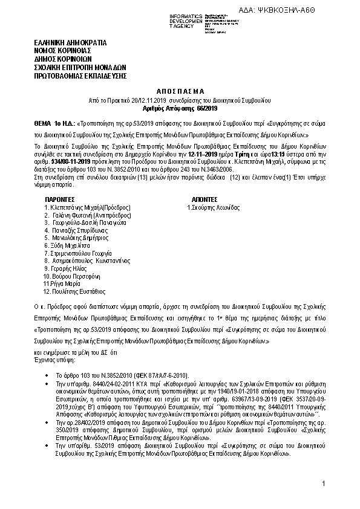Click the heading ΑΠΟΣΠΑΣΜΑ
pos(180,88)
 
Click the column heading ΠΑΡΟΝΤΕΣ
pos(60,198)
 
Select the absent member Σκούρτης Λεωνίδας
pos(214,207)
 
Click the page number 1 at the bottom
pos(324,484)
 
